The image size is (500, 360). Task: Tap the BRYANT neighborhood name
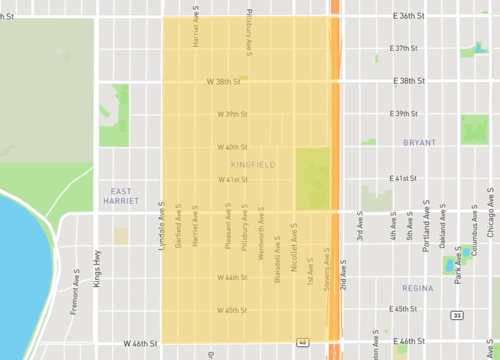tap(420, 143)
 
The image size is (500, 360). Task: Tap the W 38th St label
tap(225, 80)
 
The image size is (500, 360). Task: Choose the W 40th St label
tap(233, 147)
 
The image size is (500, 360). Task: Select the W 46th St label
tap(142, 343)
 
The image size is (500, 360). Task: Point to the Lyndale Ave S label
tap(161, 227)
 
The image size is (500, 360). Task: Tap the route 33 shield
tap(456, 315)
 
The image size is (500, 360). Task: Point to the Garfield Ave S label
tap(178, 227)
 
